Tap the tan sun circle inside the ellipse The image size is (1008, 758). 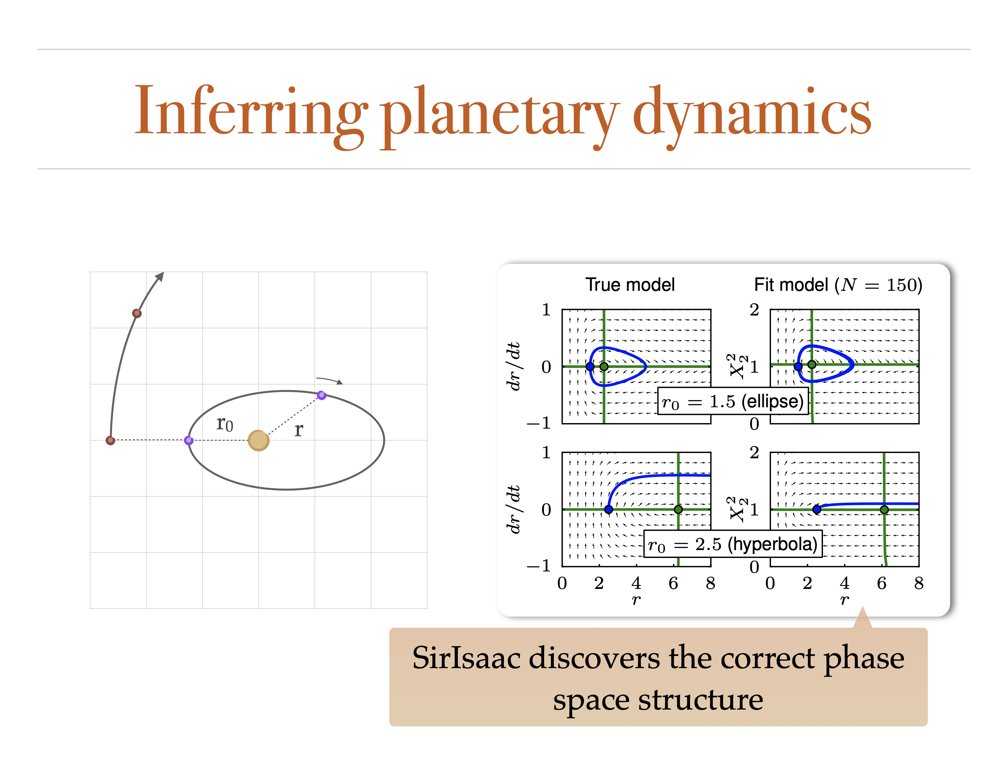pos(258,441)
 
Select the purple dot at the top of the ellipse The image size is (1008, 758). pos(321,395)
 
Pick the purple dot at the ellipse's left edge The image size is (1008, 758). pos(189,440)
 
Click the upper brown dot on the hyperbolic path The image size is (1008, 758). pos(137,313)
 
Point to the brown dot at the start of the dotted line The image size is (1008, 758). pos(110,440)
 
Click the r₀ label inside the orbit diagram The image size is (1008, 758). pos(225,424)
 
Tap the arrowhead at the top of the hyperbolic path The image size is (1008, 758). pos(159,276)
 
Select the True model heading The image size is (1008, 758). pos(630,285)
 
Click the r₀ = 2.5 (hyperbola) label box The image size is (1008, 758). pos(733,544)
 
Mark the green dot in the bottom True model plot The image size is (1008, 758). pos(678,509)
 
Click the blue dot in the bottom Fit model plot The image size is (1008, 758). pos(817,509)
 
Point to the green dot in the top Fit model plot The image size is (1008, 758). pos(811,365)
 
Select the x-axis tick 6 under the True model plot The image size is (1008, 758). pos(673,583)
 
